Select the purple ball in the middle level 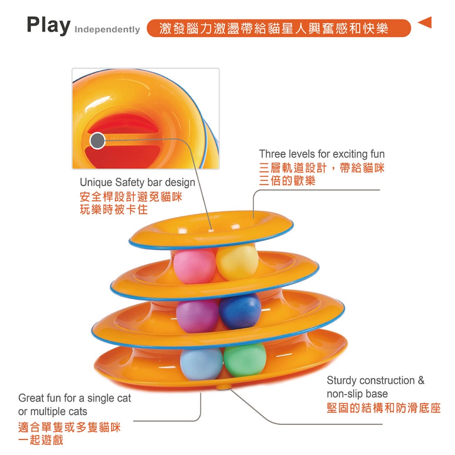pyautogui.click(x=197, y=315)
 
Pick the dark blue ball pyautogui.click(x=240, y=311)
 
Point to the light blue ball pyautogui.click(x=201, y=364)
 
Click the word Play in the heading pyautogui.click(x=49, y=25)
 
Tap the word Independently pyautogui.click(x=107, y=30)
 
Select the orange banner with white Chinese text pyautogui.click(x=278, y=28)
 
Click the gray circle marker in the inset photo pyautogui.click(x=97, y=141)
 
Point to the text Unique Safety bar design pyautogui.click(x=137, y=182)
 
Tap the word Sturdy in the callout pyautogui.click(x=342, y=380)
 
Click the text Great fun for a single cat pyautogui.click(x=75, y=399)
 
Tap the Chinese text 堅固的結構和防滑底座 pyautogui.click(x=384, y=408)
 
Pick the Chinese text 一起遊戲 pyautogui.click(x=40, y=440)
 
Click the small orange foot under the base pyautogui.click(x=222, y=387)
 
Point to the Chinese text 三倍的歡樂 pyautogui.click(x=287, y=181)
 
